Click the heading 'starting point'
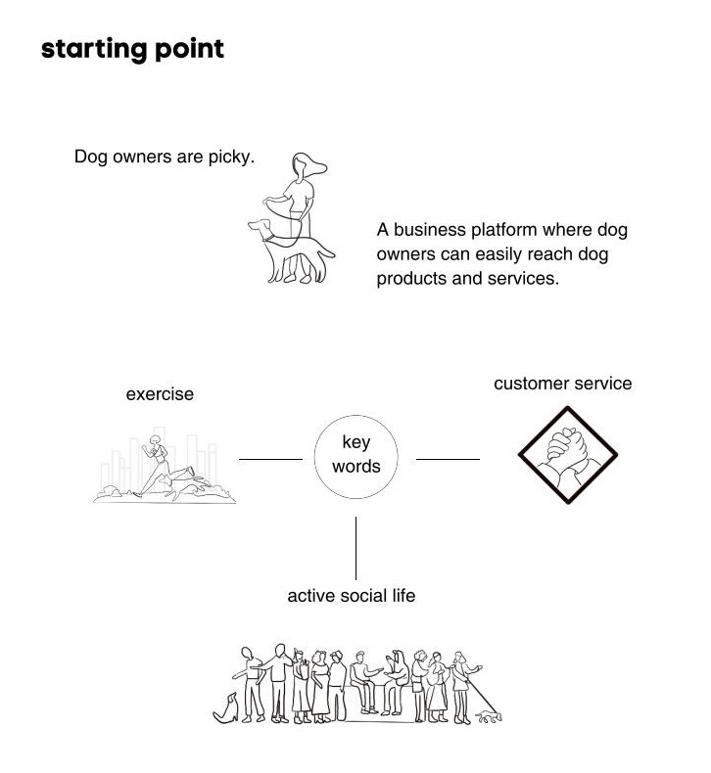pyautogui.click(x=132, y=49)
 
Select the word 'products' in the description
pyautogui.click(x=410, y=278)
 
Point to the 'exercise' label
pyautogui.click(x=160, y=394)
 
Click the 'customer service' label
pyautogui.click(x=562, y=383)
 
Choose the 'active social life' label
pyautogui.click(x=351, y=595)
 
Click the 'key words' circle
pyautogui.click(x=355, y=455)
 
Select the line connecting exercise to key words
pyautogui.click(x=270, y=458)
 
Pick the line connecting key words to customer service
pyautogui.click(x=448, y=458)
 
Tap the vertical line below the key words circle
pyautogui.click(x=355, y=548)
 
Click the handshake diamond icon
pyautogui.click(x=568, y=455)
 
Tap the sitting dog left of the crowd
pyautogui.click(x=227, y=707)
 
